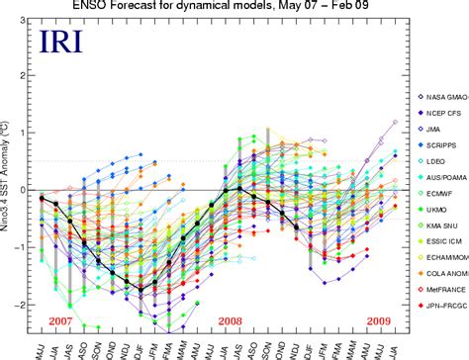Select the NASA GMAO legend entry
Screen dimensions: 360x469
point(440,95)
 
